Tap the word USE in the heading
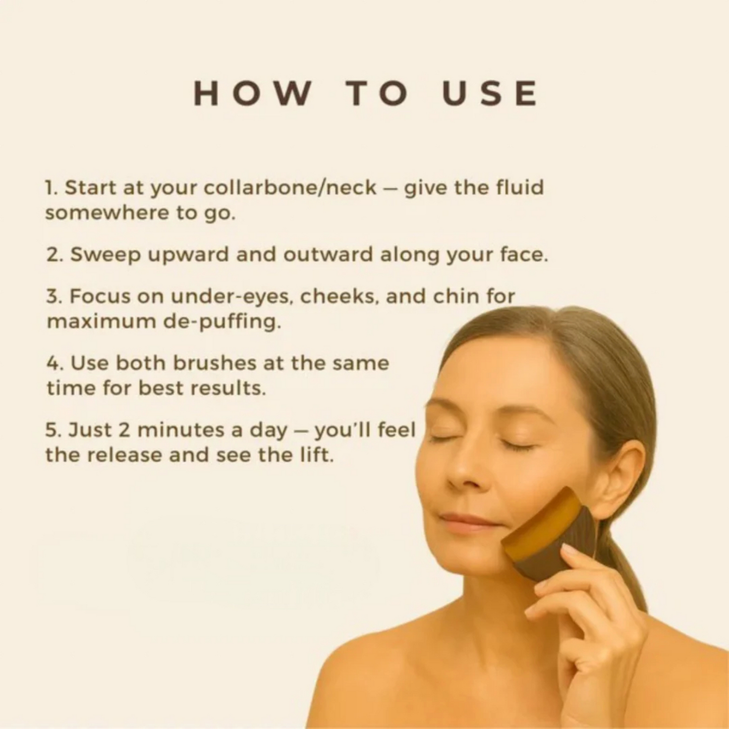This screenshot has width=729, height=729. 490,93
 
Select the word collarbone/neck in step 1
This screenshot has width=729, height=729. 290,188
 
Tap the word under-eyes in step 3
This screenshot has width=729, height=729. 232,297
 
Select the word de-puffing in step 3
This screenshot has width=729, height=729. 221,322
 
